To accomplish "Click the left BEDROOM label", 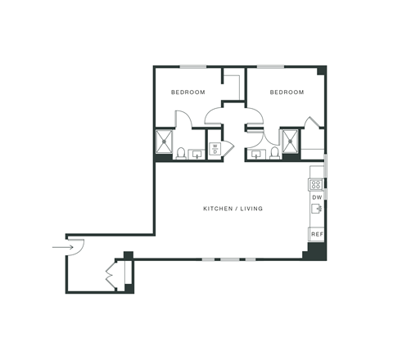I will pos(187,92).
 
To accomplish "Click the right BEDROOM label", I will pos(287,92).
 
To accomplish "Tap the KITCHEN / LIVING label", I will pos(233,209).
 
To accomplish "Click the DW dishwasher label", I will pos(317,197).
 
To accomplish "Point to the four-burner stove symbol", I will pos(317,183).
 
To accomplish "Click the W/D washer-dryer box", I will pos(215,150).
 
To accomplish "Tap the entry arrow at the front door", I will pos(61,245).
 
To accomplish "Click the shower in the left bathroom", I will pos(165,140).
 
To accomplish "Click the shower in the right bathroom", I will pos(290,140).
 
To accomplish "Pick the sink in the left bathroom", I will pos(196,153).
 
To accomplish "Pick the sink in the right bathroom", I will pos(256,153).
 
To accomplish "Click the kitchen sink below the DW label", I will pos(317,209).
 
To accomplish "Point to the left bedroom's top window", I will pos(192,66).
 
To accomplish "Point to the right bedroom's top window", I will pos(270,66).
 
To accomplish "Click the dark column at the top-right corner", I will pos(322,70).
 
